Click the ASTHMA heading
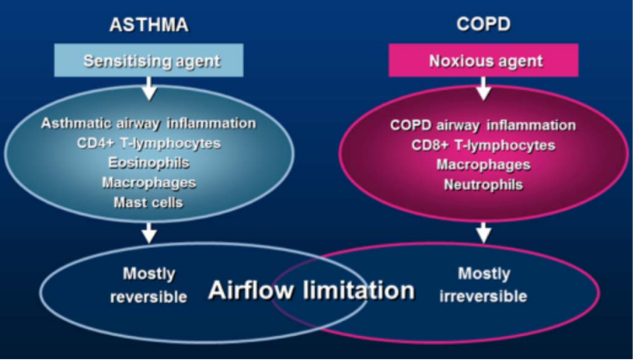tap(149, 24)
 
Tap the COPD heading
tap(483, 24)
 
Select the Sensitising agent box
tap(150, 60)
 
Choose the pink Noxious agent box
tap(483, 60)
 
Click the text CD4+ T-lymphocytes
tap(148, 143)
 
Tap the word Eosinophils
tap(148, 163)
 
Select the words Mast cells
tap(148, 202)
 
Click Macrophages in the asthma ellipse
tap(148, 183)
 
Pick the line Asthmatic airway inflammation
tap(148, 123)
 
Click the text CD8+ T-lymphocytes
tap(483, 145)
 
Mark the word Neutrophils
tap(483, 185)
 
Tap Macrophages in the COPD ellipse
tap(483, 165)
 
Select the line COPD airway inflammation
tap(483, 125)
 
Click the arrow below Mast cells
tap(150, 232)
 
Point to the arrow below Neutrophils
tap(483, 232)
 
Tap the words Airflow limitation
tap(311, 291)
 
